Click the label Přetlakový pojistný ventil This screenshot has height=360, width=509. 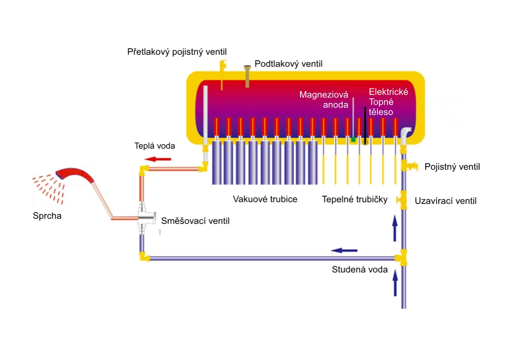pyautogui.click(x=177, y=52)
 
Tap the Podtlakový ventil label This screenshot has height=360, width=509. pyautogui.click(x=288, y=64)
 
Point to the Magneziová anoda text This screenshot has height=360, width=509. pyautogui.click(x=324, y=100)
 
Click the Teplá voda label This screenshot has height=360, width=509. pyautogui.click(x=155, y=146)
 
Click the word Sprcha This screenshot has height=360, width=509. pyautogui.click(x=47, y=216)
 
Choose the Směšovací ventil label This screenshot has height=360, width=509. pyautogui.click(x=195, y=221)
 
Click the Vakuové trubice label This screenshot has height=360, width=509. pyautogui.click(x=265, y=199)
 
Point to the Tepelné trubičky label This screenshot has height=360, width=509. pyautogui.click(x=354, y=199)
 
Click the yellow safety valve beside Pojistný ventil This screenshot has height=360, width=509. pyautogui.click(x=408, y=166)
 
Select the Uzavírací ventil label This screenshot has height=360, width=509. pyautogui.click(x=446, y=200)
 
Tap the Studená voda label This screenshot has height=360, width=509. pyautogui.click(x=360, y=270)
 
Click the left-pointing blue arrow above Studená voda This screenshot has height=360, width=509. pyautogui.click(x=344, y=250)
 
